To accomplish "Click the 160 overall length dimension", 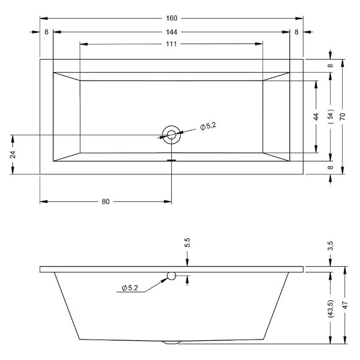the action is [171, 18].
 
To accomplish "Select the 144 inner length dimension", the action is [171, 32].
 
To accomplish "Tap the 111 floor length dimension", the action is [171, 44].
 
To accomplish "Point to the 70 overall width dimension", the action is [343, 117].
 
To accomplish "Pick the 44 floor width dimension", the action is [316, 117].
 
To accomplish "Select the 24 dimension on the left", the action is [13, 155].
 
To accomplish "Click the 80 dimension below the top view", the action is [106, 202].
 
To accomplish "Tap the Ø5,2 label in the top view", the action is [208, 126].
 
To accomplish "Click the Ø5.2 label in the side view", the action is [130, 288].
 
